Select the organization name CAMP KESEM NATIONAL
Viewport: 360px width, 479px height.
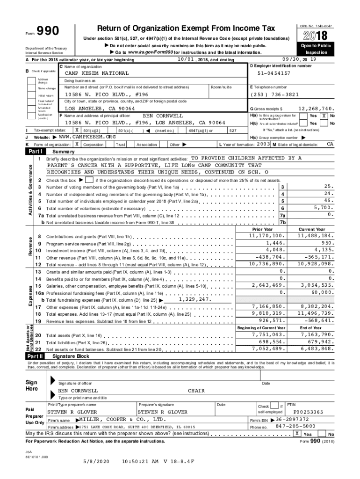click(97, 73)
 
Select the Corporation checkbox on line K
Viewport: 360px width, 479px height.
click(77, 145)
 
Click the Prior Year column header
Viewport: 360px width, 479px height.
click(262, 229)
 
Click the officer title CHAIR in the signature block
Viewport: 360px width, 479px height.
click(196, 390)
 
